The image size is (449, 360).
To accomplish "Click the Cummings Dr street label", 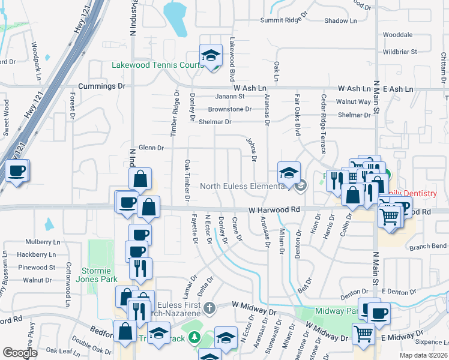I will tap(104, 86).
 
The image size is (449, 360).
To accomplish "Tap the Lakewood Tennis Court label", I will tap(157, 65).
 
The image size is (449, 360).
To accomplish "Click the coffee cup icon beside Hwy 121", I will tap(17, 171).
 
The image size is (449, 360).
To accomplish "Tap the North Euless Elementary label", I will tap(249, 185).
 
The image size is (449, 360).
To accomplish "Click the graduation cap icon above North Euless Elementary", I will tap(289, 173).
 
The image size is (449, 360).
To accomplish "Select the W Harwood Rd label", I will tap(274, 209).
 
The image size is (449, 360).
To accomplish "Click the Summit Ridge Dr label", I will tap(284, 20).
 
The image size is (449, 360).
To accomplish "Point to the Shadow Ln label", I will tap(340, 20).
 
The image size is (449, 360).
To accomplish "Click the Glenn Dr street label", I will tap(151, 148).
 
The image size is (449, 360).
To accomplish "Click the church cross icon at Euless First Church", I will tap(209, 308).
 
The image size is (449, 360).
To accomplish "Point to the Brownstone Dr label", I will tap(230, 109).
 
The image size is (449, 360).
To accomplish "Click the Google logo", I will tap(20, 353).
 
